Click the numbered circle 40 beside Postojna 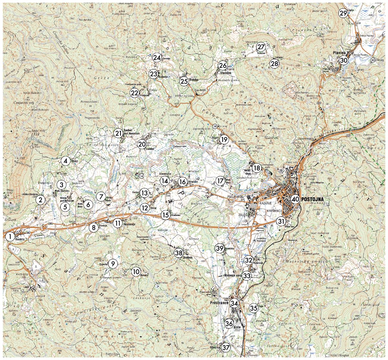click(295, 199)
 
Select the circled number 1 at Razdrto click(10, 237)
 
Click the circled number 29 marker click(343, 13)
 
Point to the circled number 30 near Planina click(343, 60)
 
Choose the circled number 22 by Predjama click(135, 93)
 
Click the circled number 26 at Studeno click(222, 66)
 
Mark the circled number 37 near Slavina click(226, 347)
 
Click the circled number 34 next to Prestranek click(235, 303)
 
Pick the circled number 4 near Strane click(65, 160)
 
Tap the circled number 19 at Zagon click(224, 140)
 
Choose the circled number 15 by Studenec click(166, 215)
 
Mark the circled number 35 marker click(253, 308)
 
